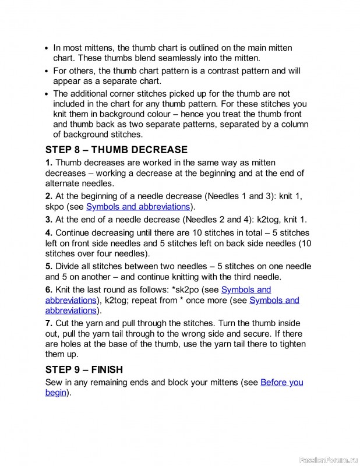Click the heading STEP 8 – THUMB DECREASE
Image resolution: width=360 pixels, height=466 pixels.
(x=117, y=150)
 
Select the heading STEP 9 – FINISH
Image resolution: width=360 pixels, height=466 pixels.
(x=92, y=369)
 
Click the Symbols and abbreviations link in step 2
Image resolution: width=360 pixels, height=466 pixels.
(x=138, y=206)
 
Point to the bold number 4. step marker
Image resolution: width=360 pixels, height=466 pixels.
(x=49, y=232)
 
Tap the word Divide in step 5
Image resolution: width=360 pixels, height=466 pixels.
(x=69, y=266)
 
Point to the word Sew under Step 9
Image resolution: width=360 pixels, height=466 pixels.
(x=54, y=382)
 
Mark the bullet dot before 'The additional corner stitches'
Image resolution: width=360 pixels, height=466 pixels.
(x=47, y=94)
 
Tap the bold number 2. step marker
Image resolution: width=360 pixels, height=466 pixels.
(x=49, y=196)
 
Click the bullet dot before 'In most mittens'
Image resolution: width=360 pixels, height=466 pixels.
(x=47, y=48)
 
